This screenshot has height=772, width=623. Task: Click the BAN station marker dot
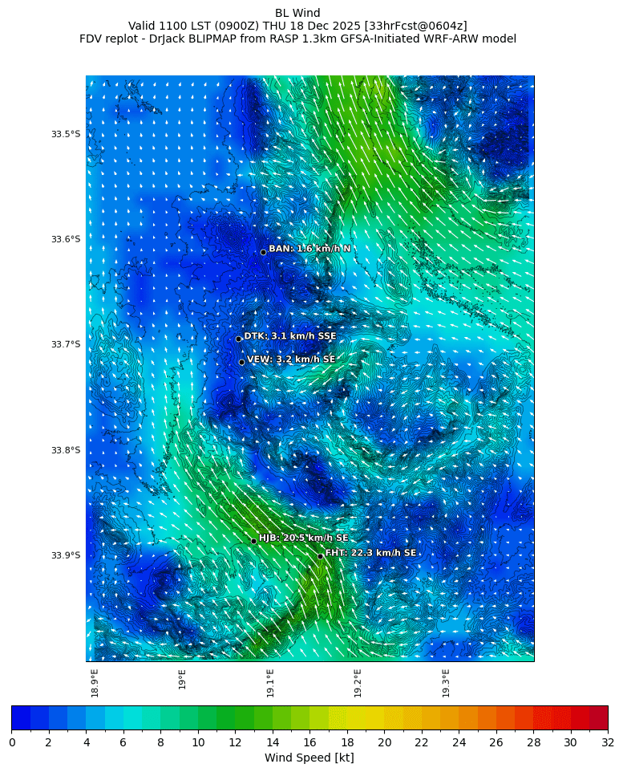[x=263, y=252]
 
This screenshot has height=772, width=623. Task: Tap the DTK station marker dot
[x=238, y=339]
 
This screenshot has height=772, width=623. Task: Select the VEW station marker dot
[x=241, y=362]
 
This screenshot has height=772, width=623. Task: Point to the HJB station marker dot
[x=253, y=541]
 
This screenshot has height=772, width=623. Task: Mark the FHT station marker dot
[x=320, y=556]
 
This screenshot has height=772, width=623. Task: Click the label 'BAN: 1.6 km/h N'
[x=309, y=249]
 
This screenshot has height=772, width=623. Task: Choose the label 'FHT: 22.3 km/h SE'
[x=370, y=553]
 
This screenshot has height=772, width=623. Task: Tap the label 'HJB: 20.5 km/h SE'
[x=303, y=538]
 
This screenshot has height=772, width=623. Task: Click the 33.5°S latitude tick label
[x=66, y=134]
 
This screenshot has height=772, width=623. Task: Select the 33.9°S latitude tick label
[x=66, y=555]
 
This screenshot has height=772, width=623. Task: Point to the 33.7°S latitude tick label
[x=66, y=344]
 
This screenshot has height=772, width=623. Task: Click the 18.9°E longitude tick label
[x=95, y=683]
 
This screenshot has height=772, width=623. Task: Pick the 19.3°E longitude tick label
[x=446, y=683]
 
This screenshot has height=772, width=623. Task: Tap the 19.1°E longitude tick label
[x=270, y=683]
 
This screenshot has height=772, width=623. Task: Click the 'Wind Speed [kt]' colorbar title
[x=309, y=758]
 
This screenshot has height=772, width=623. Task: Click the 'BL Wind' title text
[x=297, y=13]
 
